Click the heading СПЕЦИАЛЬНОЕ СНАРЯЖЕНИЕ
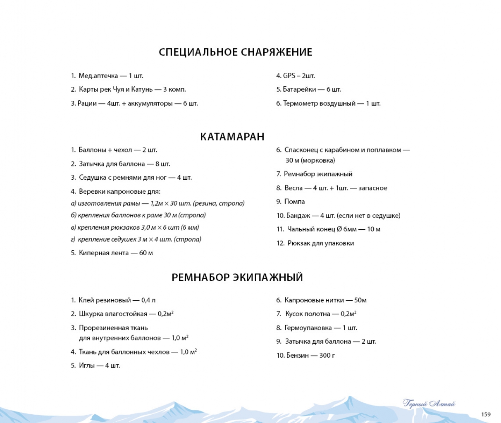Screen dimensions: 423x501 (x=235, y=52)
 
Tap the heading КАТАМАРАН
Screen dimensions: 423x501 (x=232, y=137)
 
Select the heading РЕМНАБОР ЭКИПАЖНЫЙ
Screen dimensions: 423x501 (x=237, y=277)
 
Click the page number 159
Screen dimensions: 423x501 (x=486, y=414)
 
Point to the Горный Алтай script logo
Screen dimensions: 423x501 (x=429, y=403)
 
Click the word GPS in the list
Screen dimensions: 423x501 (x=289, y=76)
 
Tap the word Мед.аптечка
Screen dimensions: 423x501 (x=98, y=76)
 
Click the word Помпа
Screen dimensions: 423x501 (x=294, y=202)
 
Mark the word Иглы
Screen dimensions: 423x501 (x=87, y=366)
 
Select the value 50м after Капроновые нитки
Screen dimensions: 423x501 (x=360, y=300)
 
